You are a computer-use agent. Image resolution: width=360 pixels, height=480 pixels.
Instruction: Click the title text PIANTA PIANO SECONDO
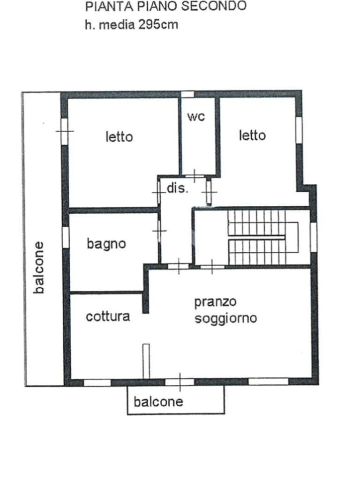coord(166,7)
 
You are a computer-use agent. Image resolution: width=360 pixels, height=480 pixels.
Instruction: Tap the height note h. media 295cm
coord(131,24)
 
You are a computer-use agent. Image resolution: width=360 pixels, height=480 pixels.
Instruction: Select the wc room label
coord(196,117)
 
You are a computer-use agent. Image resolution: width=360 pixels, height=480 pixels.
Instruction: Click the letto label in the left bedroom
coord(119,137)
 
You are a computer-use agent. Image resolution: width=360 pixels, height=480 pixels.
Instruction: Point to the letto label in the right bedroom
coord(252,135)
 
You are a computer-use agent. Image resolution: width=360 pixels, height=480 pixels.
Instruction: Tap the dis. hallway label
coord(178,189)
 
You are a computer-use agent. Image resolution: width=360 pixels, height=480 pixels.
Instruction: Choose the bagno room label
coord(106,244)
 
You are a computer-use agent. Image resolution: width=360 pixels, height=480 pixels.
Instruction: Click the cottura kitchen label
coord(108,316)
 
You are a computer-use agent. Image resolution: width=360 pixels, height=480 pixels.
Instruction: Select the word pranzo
coord(216,302)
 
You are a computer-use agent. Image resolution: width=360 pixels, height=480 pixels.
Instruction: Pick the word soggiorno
coord(226,319)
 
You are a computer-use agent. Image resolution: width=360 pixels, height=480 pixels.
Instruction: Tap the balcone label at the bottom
coord(158,402)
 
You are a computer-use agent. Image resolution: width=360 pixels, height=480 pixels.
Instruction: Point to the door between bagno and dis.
coord(159,230)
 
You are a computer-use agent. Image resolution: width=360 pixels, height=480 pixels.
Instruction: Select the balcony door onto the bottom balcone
coord(180,382)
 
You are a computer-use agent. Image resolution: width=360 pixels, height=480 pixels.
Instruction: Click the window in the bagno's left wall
coord(66,237)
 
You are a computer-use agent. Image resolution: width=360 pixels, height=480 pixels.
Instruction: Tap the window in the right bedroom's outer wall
coord(299,130)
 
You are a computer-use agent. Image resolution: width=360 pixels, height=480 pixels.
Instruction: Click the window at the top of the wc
coord(187,94)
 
